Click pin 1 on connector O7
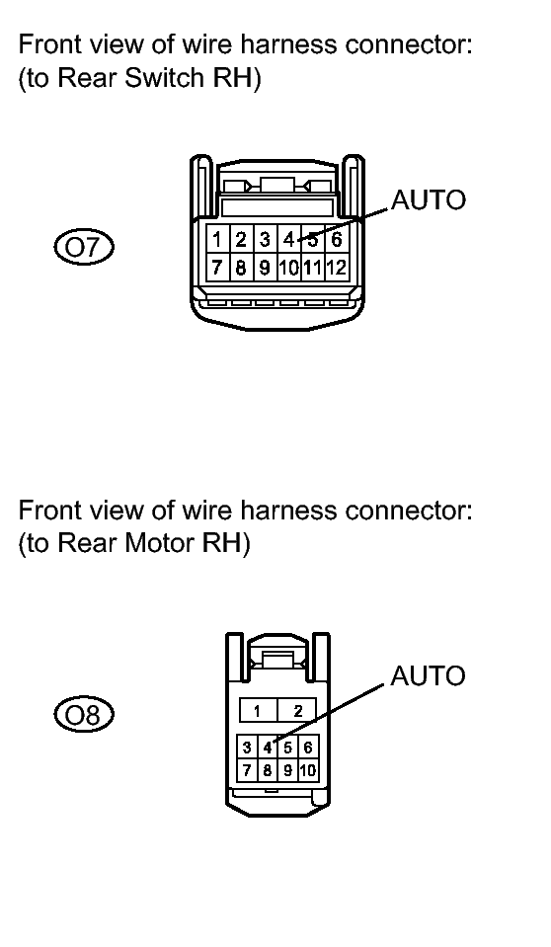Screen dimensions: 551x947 (217, 240)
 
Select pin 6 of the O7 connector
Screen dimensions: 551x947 (337, 240)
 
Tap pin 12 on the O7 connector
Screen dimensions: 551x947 (337, 267)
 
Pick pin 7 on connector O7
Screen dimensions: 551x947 (217, 267)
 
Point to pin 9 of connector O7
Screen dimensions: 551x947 (265, 267)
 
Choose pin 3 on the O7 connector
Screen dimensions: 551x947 (265, 240)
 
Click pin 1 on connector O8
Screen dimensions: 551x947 (258, 711)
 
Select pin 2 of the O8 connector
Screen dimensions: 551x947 (296, 711)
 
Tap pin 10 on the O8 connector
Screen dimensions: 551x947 (307, 770)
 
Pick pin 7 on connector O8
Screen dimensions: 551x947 (247, 770)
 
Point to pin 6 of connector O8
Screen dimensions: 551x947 (307, 748)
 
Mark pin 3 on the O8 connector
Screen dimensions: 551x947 (247, 748)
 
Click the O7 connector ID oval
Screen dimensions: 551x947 (84, 248)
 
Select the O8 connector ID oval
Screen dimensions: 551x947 (84, 715)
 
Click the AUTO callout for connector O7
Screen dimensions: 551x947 (429, 199)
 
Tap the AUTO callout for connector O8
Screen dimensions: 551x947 (429, 675)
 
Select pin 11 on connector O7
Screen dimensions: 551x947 (312, 267)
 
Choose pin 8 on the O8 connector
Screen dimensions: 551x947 (267, 770)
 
